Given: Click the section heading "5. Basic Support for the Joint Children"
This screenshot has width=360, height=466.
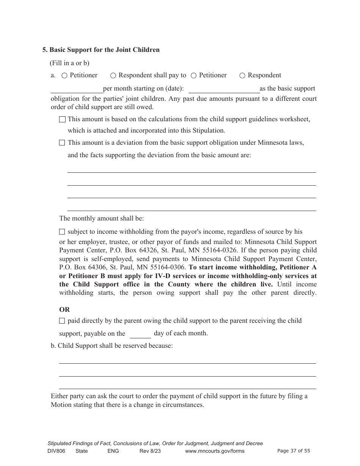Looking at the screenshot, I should click(101, 50).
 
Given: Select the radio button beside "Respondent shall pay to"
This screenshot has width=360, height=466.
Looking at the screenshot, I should click(113, 75).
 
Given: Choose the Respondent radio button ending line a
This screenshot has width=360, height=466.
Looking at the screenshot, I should click(243, 75).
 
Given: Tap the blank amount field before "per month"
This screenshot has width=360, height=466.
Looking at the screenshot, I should click(77, 89).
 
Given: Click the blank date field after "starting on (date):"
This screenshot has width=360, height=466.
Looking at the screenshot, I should click(224, 89).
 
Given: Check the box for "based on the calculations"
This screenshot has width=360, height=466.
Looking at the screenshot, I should click(62, 119).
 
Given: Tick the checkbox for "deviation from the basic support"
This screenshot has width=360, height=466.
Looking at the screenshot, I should click(62, 143).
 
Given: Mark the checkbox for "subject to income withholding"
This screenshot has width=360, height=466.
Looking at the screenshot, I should click(62, 232).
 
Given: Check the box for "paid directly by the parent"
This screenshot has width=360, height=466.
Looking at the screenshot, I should click(62, 321).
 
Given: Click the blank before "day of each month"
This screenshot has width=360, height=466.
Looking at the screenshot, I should click(140, 334).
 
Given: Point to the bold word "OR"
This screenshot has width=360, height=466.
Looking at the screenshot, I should click(64, 310).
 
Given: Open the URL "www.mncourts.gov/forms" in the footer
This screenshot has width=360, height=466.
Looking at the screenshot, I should click(214, 451).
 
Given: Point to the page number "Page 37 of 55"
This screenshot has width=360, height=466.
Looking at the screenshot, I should click(294, 451).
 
